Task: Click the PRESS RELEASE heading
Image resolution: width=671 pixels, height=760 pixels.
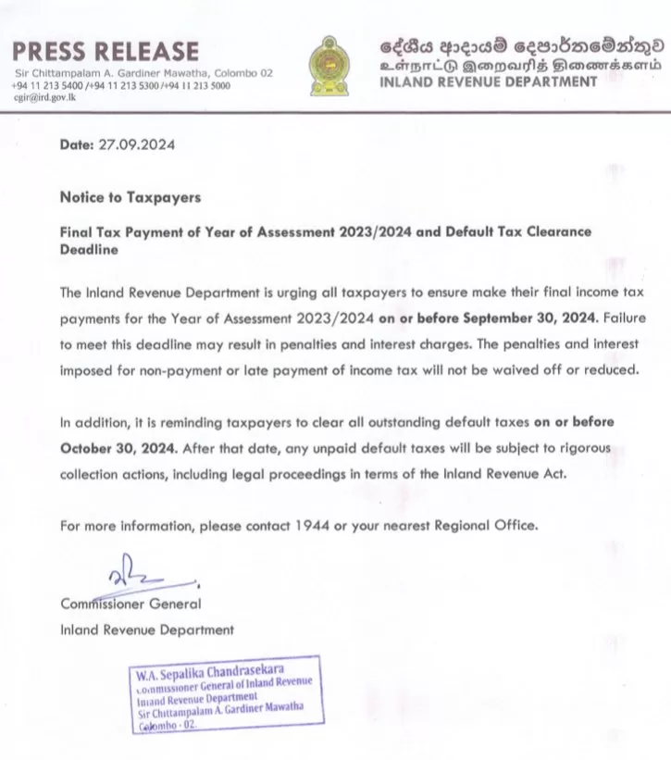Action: [106, 50]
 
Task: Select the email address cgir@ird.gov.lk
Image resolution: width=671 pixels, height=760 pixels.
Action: [46, 96]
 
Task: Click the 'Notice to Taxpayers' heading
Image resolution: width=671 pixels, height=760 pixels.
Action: [130, 197]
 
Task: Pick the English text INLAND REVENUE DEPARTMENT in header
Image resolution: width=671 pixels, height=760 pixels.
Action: [489, 81]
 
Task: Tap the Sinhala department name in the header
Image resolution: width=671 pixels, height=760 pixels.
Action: [523, 44]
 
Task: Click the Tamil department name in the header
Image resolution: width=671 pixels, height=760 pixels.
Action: [523, 65]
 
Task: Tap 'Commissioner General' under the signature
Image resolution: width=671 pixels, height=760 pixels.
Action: [130, 604]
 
